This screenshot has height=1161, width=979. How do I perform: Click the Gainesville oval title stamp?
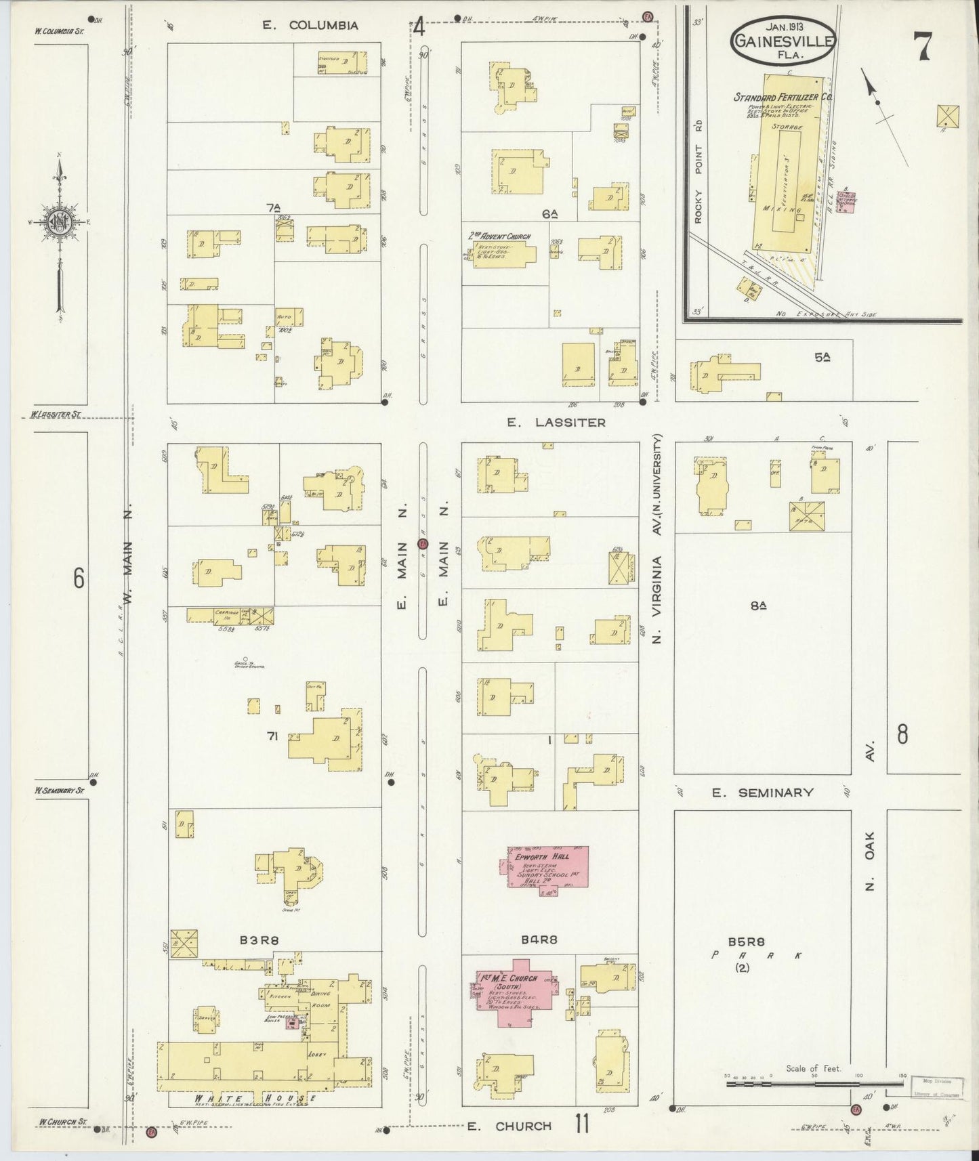[x=783, y=41]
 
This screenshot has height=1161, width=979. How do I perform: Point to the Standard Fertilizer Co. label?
[x=783, y=98]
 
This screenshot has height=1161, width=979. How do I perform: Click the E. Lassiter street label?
[x=556, y=423]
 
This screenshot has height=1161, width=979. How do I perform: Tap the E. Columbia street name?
[x=310, y=26]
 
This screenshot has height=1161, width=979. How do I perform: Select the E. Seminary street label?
[x=762, y=792]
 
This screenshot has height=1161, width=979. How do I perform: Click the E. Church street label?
[x=509, y=1126]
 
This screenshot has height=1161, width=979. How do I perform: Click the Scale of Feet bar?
[x=813, y=1084]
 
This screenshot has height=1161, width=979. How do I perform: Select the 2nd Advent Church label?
[x=499, y=236]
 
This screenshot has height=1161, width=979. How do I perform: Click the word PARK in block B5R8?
[x=756, y=955]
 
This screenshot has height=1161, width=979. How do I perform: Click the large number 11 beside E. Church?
[x=581, y=1125]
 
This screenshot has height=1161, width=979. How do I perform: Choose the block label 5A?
[x=822, y=357]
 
